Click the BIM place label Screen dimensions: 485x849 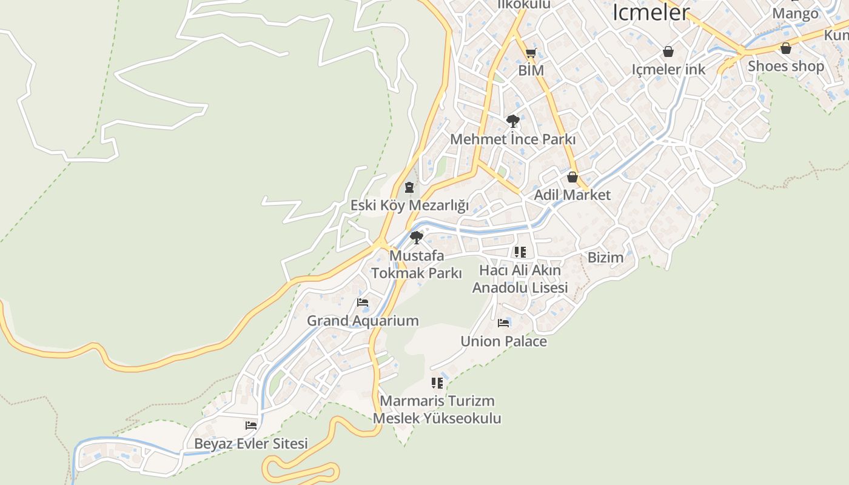(x=531, y=70)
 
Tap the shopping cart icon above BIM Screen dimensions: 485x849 (x=531, y=53)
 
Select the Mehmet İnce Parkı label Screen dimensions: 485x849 (x=512, y=139)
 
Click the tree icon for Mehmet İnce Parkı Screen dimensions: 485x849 (x=512, y=121)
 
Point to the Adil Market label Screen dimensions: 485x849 (x=572, y=195)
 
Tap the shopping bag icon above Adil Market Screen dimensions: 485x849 (x=572, y=177)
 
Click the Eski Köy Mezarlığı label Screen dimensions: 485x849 (x=409, y=205)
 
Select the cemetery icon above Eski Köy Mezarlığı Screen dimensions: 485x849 (x=409, y=187)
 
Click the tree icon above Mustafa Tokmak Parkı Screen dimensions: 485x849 (x=416, y=237)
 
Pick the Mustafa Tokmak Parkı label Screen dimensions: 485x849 (x=417, y=264)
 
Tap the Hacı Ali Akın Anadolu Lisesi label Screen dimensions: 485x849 (x=520, y=278)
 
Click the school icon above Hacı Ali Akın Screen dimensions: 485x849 (x=520, y=252)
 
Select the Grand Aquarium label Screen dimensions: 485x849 (x=363, y=321)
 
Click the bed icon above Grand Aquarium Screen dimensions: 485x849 (x=363, y=303)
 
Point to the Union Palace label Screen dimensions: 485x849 (x=503, y=341)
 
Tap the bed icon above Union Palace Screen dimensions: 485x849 (x=503, y=323)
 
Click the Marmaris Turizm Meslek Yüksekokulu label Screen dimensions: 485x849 (x=437, y=409)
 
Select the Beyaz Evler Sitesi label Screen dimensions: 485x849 (x=251, y=443)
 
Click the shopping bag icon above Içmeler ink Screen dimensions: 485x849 (x=668, y=52)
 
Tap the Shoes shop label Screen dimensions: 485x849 (x=785, y=65)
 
